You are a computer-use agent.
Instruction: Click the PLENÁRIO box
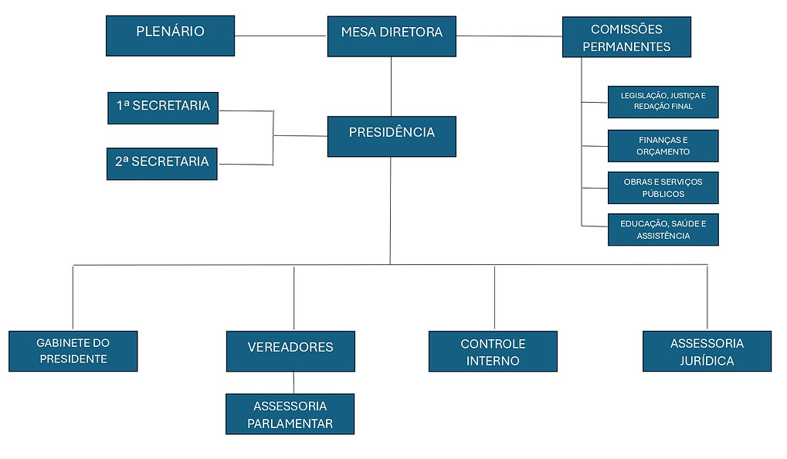[x=170, y=36]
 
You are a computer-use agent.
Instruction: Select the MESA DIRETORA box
[x=392, y=36]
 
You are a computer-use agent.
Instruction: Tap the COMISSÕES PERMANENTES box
[x=626, y=37]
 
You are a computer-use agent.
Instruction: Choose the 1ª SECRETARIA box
[x=163, y=108]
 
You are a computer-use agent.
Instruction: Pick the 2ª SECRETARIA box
[x=162, y=164]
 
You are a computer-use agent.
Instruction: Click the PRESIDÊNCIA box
[x=392, y=136]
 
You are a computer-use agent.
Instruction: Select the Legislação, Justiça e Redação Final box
[x=663, y=102]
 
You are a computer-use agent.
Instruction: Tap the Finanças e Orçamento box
[x=663, y=146]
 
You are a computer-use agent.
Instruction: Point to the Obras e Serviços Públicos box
[x=663, y=188]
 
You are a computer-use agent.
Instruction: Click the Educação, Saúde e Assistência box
[x=663, y=229]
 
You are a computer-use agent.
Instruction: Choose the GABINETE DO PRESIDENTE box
[x=73, y=352]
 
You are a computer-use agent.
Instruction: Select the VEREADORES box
[x=290, y=352]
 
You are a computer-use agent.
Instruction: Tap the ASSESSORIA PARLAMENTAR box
[x=290, y=414]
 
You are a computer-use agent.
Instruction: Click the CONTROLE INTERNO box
[x=493, y=352]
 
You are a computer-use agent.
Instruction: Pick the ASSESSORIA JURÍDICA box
[x=707, y=352]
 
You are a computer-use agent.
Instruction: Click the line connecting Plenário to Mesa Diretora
[x=280, y=36]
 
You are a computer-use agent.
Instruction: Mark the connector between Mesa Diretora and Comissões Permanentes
[x=509, y=36]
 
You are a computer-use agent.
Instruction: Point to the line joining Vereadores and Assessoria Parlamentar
[x=293, y=382]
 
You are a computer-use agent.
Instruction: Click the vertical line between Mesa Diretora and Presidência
[x=391, y=87]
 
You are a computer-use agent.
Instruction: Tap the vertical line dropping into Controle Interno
[x=494, y=297]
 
